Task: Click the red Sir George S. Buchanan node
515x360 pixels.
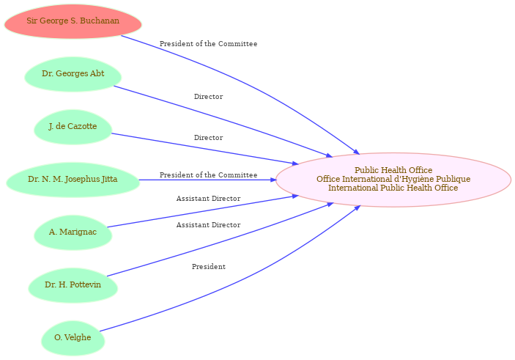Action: [x=73, y=21]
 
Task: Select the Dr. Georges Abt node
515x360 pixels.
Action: [x=73, y=74]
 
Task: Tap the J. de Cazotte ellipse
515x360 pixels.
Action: [x=73, y=127]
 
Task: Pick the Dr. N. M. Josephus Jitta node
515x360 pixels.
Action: [x=73, y=180]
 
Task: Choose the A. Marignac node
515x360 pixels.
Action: [x=73, y=232]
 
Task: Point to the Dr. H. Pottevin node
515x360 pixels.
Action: [x=73, y=285]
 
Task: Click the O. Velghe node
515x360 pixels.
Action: [x=73, y=338]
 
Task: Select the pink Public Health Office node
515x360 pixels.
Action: [x=393, y=180]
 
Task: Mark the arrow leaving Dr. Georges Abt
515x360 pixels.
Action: [x=223, y=120]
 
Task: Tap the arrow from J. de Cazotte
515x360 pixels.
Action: [x=205, y=149]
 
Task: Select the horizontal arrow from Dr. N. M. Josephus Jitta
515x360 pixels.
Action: [x=207, y=180]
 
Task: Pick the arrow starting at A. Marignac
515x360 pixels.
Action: [x=203, y=211]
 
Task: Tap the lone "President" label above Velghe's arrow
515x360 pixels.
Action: [x=209, y=267]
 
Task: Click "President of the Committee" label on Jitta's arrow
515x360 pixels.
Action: [x=209, y=175]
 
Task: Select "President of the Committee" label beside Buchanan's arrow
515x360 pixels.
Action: [x=209, y=44]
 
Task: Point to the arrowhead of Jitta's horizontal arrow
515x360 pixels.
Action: [x=273, y=180]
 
